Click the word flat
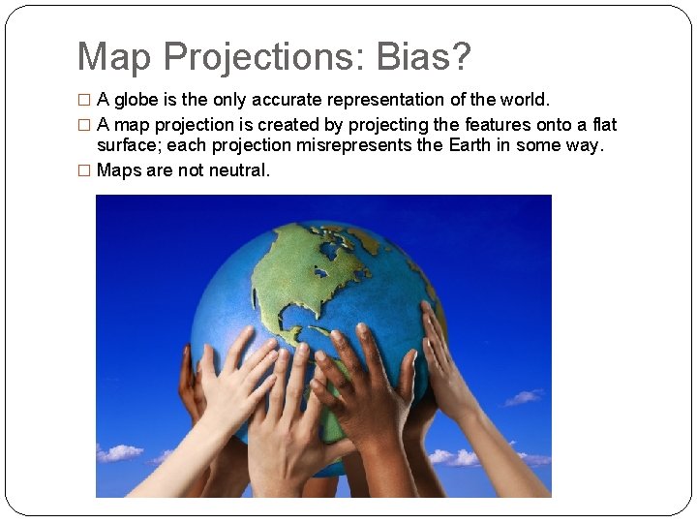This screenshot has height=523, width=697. coord(604,124)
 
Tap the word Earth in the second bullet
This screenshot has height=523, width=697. coord(470,144)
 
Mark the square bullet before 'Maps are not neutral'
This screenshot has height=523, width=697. coord(84,170)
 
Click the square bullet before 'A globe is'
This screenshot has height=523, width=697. coord(84,101)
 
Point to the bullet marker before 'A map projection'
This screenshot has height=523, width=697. coord(84,125)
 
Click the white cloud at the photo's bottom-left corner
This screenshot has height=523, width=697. coord(120,452)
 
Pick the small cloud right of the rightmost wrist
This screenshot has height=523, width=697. coord(524,396)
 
